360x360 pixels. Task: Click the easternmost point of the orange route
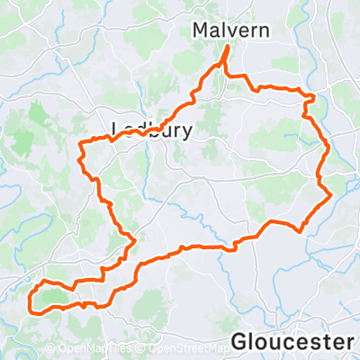[x=332, y=193]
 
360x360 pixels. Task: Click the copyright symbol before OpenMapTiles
[x=49, y=348]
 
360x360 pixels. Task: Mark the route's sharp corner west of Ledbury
[x=82, y=143]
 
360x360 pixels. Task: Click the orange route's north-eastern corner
[x=313, y=96]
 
